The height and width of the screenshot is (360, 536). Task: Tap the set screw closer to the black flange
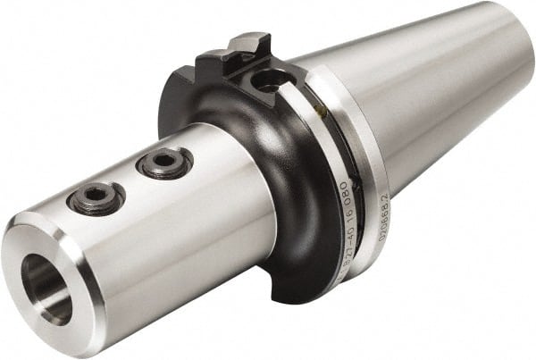(x=163, y=163)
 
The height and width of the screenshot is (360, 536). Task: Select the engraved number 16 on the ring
(x=342, y=218)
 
